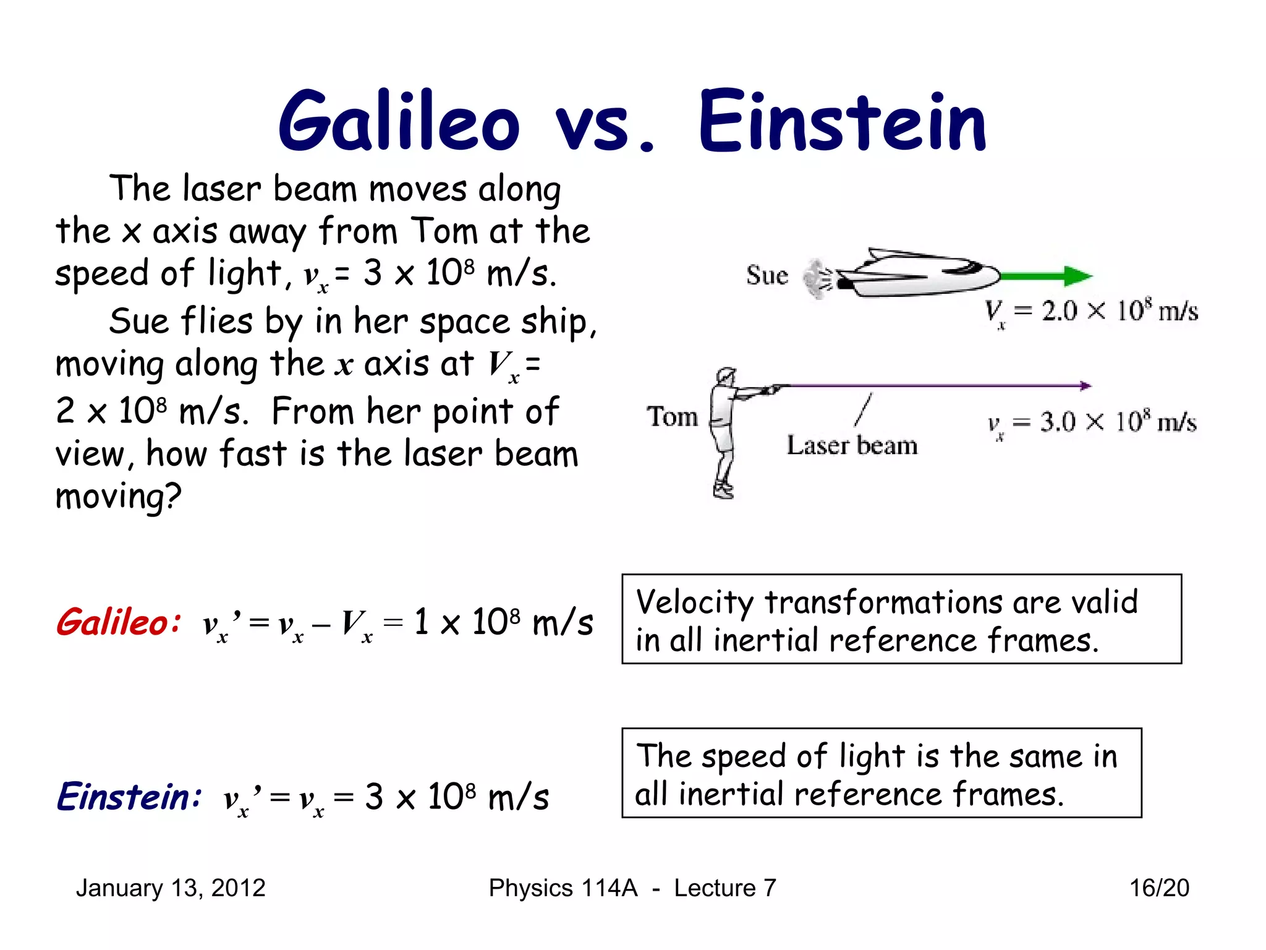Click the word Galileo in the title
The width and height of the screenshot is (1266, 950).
[399, 121]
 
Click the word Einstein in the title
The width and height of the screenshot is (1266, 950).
[842, 121]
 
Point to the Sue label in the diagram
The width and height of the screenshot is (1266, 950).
[767, 276]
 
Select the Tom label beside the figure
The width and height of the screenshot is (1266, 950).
[672, 417]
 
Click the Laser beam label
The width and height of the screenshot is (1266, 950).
[852, 445]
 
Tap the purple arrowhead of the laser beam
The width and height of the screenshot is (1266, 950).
[1085, 386]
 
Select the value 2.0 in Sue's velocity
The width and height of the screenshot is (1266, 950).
[1060, 310]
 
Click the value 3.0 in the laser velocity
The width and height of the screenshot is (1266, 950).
[1058, 422]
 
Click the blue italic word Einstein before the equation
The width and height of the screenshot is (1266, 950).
[129, 797]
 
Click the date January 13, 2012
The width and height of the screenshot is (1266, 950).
[171, 888]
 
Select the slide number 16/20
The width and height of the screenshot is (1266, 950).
[1159, 888]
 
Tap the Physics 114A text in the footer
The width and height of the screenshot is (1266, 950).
[563, 888]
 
